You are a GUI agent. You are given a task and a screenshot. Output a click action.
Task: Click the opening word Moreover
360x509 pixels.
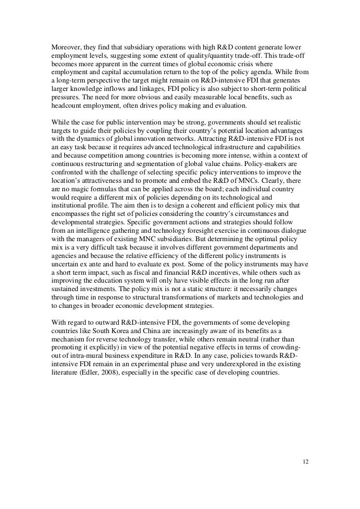click(x=67, y=47)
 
